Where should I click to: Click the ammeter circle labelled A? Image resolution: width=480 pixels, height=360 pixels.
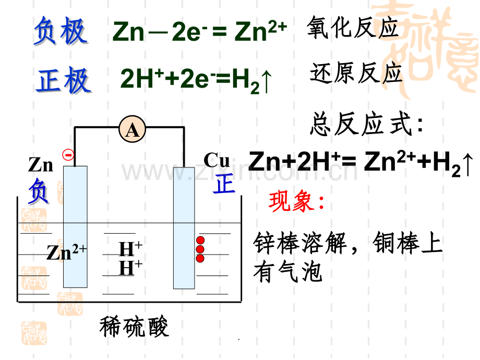(132, 129)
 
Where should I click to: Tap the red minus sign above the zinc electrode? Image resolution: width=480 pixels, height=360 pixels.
(68, 155)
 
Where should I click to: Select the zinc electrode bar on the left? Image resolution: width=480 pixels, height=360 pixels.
(75, 227)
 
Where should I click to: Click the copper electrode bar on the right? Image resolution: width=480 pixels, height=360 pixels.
(184, 228)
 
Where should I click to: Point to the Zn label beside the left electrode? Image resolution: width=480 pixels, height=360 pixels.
(41, 165)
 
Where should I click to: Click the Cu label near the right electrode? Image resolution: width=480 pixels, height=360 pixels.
(217, 160)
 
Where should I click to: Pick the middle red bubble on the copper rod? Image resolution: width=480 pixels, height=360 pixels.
(200, 249)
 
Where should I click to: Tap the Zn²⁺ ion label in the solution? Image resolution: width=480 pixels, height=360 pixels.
(66, 252)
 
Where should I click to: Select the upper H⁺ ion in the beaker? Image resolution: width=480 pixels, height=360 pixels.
(130, 248)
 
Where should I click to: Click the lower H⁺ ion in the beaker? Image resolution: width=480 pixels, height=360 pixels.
(130, 267)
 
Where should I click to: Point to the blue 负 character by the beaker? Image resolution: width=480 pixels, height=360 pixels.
(38, 191)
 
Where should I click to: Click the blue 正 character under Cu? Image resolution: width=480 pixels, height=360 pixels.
(224, 184)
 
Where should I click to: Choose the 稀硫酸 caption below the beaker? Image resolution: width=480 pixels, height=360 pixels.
(134, 327)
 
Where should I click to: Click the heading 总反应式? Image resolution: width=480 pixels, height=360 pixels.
(366, 124)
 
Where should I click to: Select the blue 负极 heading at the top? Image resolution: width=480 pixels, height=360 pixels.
(61, 31)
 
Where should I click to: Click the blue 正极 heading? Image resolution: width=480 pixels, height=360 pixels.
(63, 80)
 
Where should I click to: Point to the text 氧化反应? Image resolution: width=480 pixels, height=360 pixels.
(352, 28)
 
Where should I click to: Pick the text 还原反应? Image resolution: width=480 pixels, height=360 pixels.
(356, 73)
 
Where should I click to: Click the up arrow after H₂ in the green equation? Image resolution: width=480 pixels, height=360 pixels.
(267, 81)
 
